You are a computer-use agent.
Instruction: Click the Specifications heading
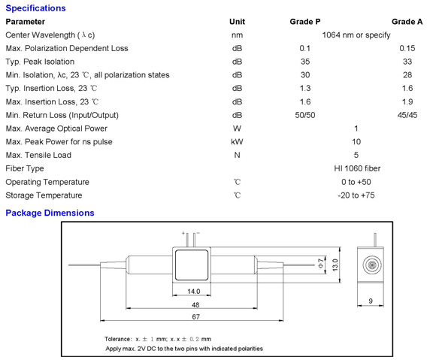pos(35,8)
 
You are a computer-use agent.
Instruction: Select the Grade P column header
pos(305,22)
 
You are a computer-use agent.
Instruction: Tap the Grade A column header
pos(407,22)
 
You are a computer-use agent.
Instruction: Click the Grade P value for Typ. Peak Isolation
pos(305,62)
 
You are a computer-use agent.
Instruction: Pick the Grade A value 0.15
pos(407,48)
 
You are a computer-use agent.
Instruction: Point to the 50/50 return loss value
pos(305,115)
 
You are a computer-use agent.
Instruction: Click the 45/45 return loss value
pos(407,115)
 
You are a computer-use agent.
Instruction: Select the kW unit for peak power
pos(237,142)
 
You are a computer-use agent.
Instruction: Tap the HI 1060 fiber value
pos(357,168)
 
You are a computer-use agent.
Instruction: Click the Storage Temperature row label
pos(44,195)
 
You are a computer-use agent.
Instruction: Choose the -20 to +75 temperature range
pos(356,195)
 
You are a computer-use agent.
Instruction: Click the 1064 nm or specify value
pos(356,35)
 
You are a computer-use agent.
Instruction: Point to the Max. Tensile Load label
pos(38,155)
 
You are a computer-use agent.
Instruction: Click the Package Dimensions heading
pos(50,213)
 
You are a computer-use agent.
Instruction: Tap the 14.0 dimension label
pos(193,292)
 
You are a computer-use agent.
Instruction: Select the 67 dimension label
pos(195,316)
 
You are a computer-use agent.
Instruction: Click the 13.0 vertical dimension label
pos(335,265)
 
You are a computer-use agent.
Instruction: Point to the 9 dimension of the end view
pos(371,301)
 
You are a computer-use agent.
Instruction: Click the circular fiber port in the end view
pos(372,265)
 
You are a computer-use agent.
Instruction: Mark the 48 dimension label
pos(195,305)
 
